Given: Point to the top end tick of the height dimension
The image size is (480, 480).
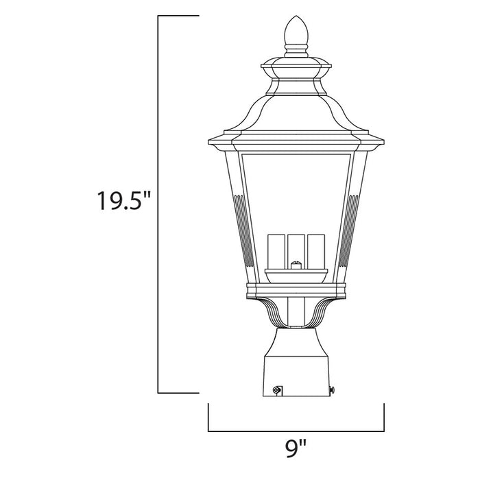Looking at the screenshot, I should (x=178, y=15).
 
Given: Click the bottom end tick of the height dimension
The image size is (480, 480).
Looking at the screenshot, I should (x=178, y=393).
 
